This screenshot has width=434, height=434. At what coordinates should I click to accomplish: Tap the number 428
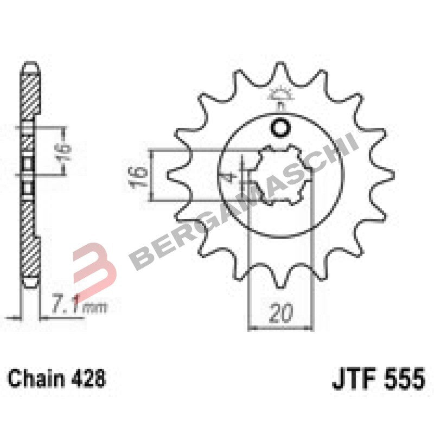(87, 378)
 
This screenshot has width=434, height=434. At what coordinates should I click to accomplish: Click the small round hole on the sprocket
(280, 129)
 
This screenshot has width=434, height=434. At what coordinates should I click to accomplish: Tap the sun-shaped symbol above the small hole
(280, 96)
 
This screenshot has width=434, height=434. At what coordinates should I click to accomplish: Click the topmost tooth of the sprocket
(280, 71)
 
